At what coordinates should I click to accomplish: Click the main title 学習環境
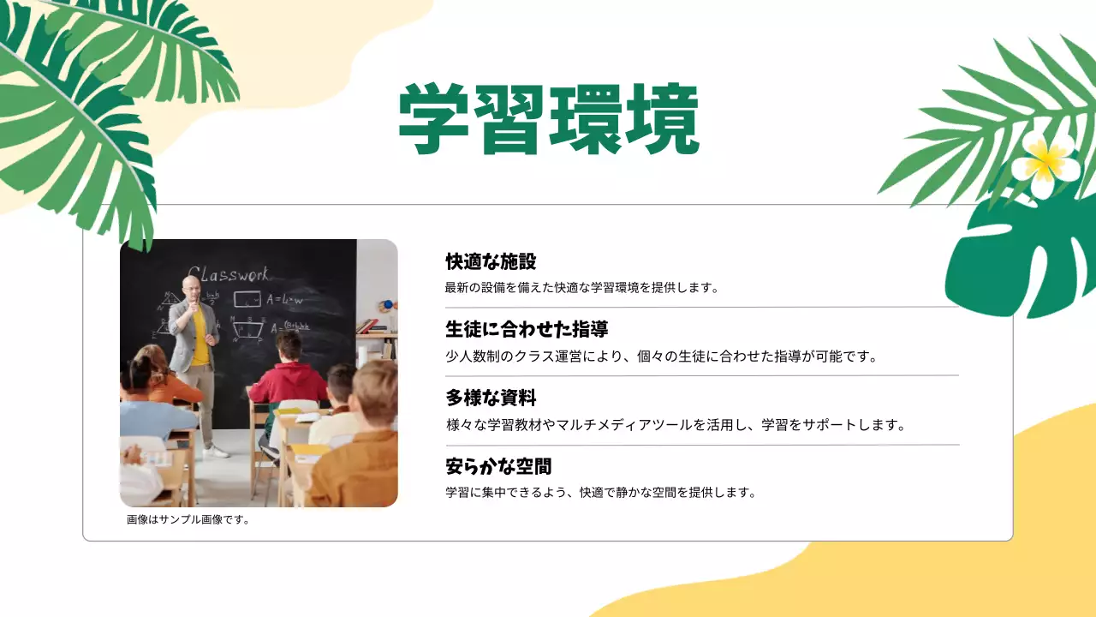coord(549,119)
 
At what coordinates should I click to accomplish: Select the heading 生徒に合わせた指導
coord(527,329)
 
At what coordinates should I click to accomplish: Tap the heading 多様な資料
coord(491,398)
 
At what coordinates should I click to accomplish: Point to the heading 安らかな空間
coord(498,466)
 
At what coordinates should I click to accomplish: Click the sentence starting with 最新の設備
coord(581,288)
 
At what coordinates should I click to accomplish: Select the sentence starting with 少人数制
coord(662,356)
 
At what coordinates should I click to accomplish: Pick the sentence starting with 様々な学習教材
coord(676,424)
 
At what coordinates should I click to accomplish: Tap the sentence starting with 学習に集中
coord(601,493)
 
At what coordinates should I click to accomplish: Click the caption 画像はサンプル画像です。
coord(188,519)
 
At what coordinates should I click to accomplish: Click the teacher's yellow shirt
coord(200,337)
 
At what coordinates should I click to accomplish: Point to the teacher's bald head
coord(191,284)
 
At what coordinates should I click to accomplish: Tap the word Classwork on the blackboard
coord(229,275)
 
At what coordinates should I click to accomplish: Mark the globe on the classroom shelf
coord(388,305)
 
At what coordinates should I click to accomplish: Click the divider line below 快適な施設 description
coord(702,307)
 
